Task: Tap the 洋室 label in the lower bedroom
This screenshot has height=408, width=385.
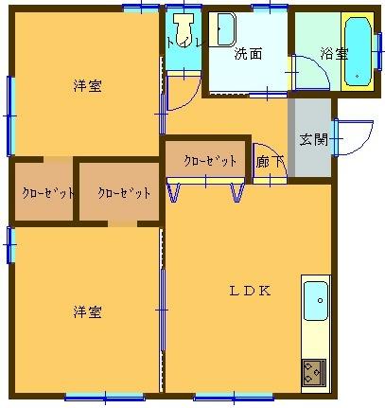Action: point(88,311)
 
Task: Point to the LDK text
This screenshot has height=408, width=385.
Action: point(252,291)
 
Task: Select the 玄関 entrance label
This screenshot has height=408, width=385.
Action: point(313,139)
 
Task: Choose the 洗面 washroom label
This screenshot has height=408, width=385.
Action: point(248,53)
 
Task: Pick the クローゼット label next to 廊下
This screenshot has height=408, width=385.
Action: point(210,160)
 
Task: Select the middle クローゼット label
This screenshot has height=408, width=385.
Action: point(124,193)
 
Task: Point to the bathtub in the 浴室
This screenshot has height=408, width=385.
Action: point(359,49)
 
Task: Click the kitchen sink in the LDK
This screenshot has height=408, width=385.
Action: point(315,302)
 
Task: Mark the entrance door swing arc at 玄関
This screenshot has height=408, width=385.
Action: point(345,137)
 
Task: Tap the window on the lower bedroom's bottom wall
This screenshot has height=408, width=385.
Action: point(103,396)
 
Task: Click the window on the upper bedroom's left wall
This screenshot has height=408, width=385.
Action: point(10,114)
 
